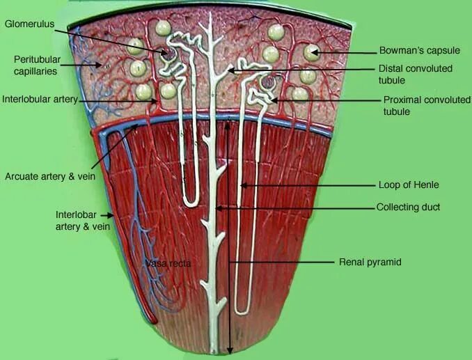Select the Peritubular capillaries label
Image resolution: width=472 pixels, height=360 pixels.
[x=36, y=65]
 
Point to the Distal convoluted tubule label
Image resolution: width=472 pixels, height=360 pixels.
[x=415, y=75]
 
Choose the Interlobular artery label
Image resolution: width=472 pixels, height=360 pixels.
[x=38, y=99]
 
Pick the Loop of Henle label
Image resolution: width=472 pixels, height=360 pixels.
[x=408, y=185]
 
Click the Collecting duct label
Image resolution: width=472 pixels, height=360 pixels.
[x=408, y=208]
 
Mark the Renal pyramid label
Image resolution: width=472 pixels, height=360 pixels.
[x=370, y=263]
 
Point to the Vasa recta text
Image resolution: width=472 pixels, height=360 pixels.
[x=167, y=263]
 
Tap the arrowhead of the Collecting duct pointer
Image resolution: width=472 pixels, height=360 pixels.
[x=217, y=208]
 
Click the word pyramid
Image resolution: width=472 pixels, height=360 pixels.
[x=385, y=263]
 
